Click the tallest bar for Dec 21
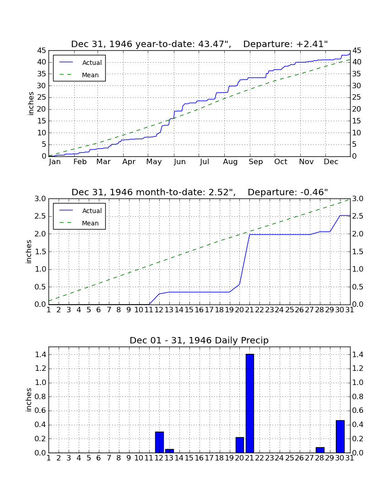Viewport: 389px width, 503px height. click(250, 403)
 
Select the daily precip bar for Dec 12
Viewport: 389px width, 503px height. click(160, 442)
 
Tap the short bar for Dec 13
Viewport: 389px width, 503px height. click(169, 451)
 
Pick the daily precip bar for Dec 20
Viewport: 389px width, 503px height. click(240, 445)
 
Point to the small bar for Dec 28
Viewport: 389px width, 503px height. click(320, 450)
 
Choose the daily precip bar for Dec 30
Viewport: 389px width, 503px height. click(340, 436)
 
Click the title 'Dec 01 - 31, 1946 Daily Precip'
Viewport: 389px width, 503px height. click(199, 340)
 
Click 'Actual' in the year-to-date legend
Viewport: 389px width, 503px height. click(92, 63)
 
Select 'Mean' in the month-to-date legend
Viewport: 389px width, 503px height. click(90, 223)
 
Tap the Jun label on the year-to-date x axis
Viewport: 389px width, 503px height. click(180, 162)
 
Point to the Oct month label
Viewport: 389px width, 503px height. click(281, 162)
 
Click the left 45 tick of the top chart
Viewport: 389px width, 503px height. click(42, 51)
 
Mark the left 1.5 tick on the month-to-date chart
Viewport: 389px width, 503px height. click(40, 252)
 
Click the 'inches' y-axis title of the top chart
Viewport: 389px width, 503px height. click(31, 104)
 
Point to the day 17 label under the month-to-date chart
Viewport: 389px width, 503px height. click(209, 310)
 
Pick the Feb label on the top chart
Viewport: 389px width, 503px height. click(80, 162)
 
